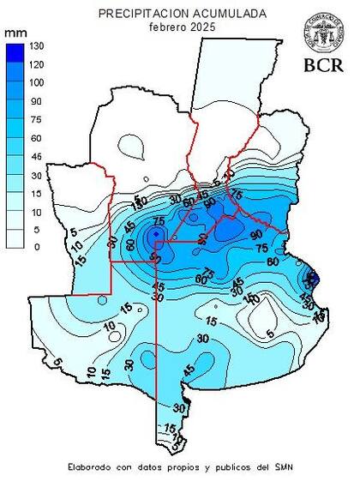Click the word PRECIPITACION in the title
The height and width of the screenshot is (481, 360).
[140, 14]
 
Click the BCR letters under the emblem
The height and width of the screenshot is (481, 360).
[322, 64]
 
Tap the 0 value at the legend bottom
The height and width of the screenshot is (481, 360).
[34, 247]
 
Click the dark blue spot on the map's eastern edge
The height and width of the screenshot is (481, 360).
[313, 279]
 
